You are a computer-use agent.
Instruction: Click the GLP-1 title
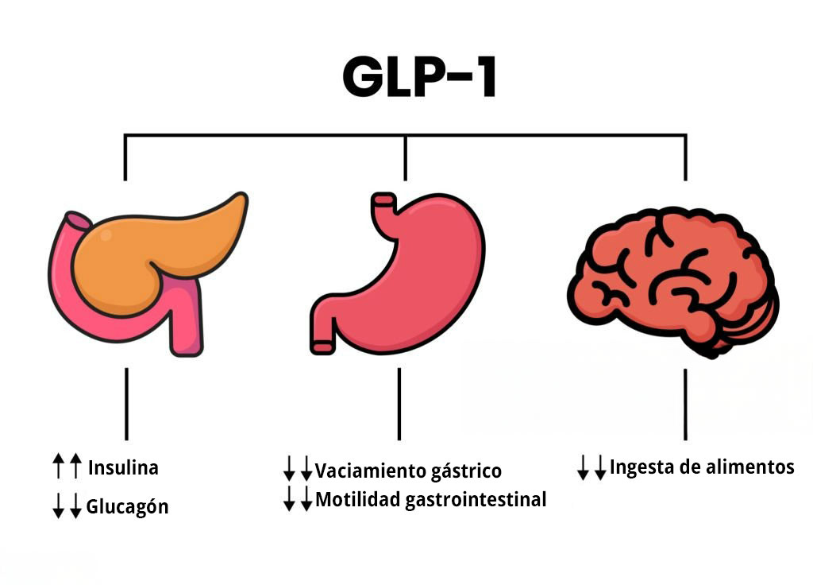(419, 77)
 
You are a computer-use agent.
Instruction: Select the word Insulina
(123, 467)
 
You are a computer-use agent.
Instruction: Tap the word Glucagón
(127, 506)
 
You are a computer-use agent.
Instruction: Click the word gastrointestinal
(476, 500)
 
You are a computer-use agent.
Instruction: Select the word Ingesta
(642, 467)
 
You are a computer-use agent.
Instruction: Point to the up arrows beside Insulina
(67, 466)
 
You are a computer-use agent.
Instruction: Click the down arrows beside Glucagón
(67, 506)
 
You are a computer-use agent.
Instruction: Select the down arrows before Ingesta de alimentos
(591, 467)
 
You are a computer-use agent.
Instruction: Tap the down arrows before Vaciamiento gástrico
(299, 468)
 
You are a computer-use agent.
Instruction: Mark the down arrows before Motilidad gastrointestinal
(299, 498)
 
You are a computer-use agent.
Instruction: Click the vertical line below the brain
(685, 405)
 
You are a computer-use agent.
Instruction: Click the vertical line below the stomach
(399, 405)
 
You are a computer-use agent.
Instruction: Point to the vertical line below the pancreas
(126, 405)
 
